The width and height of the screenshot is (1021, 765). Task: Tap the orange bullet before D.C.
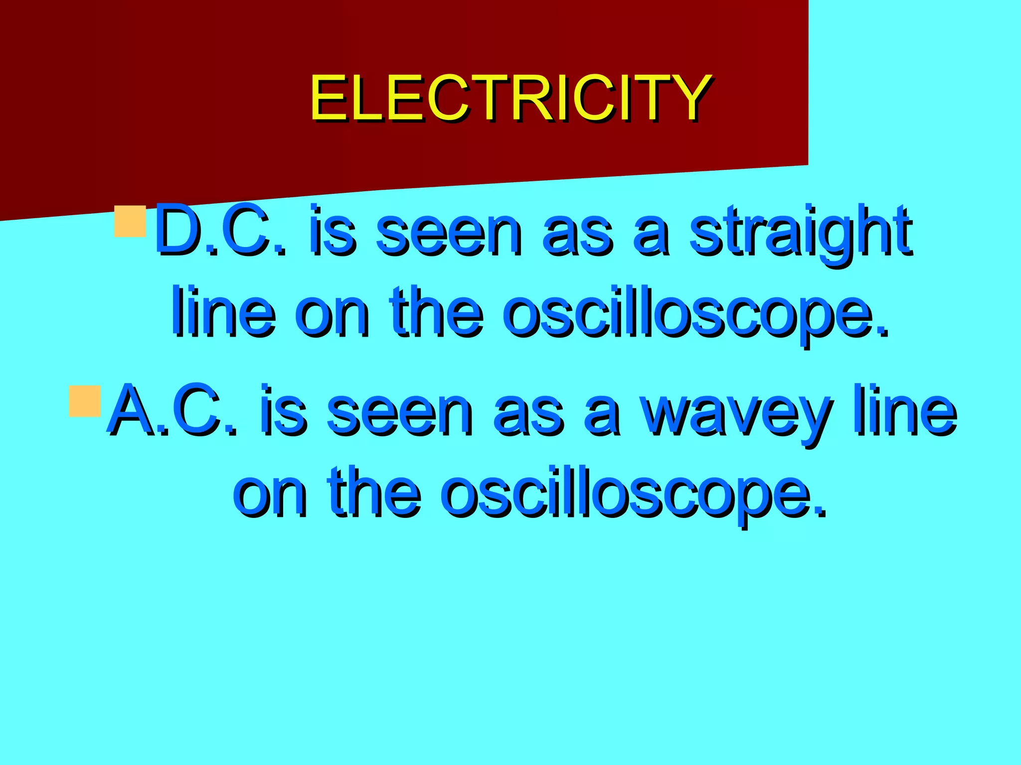click(130, 222)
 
